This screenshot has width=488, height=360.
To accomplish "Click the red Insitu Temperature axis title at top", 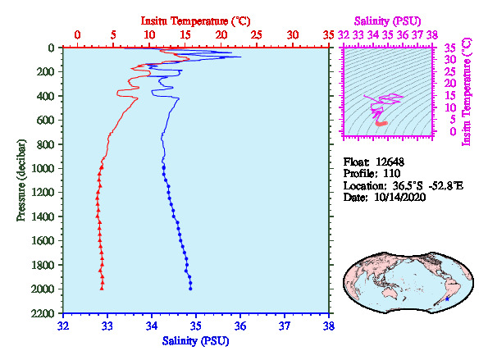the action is (195, 21).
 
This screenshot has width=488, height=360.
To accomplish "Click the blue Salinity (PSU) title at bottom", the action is (195, 341).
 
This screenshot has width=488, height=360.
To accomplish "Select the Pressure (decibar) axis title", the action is (21, 180).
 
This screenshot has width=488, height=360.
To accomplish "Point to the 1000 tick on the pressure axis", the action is (43, 168).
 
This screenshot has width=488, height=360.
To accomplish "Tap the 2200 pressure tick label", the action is (43, 313).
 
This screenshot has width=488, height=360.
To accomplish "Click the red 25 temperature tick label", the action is (257, 34).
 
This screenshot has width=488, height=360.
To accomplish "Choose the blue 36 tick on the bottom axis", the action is (240, 326).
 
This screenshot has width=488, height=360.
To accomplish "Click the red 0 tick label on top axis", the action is (77, 34).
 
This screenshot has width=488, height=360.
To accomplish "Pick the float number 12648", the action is (390, 162).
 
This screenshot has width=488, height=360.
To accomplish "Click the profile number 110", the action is (391, 173).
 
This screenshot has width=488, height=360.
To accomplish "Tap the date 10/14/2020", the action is (400, 198).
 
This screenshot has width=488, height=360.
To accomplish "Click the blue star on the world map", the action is (447, 299).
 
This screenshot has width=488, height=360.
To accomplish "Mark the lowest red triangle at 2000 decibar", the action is (102, 289).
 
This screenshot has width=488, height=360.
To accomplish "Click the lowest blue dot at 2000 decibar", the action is (190, 289).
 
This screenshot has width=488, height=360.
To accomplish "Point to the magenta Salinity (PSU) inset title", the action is (387, 21).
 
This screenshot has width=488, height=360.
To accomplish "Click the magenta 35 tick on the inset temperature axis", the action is (449, 48).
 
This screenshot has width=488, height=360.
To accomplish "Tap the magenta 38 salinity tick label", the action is (432, 34).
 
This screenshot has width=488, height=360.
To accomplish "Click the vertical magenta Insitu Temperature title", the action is (467, 92).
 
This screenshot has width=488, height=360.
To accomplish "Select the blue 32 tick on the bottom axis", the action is (63, 326).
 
